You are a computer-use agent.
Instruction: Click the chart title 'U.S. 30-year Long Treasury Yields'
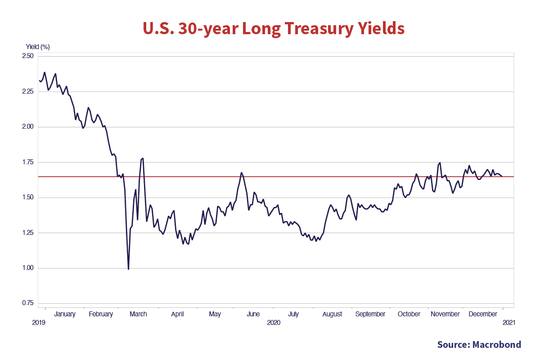[274, 29]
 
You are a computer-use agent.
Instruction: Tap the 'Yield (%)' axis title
[38, 47]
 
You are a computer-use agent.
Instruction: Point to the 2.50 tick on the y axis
[28, 56]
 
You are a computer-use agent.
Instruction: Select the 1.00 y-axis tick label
[28, 268]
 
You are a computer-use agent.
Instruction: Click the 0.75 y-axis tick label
[28, 303]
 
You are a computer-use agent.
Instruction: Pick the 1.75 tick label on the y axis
[28, 162]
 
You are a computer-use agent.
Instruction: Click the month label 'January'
[65, 314]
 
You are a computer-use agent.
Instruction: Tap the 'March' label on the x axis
[138, 314]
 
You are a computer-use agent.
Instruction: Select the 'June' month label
[253, 314]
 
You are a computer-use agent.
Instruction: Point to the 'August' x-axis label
[332, 314]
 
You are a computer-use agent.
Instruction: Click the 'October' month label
[409, 314]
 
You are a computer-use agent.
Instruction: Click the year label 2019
[39, 323]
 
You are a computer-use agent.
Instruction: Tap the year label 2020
[274, 323]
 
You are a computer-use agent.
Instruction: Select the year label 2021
[509, 323]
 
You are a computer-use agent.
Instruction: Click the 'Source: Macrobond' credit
[479, 345]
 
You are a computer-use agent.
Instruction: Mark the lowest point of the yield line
[128, 269]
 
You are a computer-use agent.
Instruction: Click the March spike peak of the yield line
[143, 158]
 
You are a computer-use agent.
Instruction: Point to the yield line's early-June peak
[242, 172]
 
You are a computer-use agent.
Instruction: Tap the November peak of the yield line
[440, 163]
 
